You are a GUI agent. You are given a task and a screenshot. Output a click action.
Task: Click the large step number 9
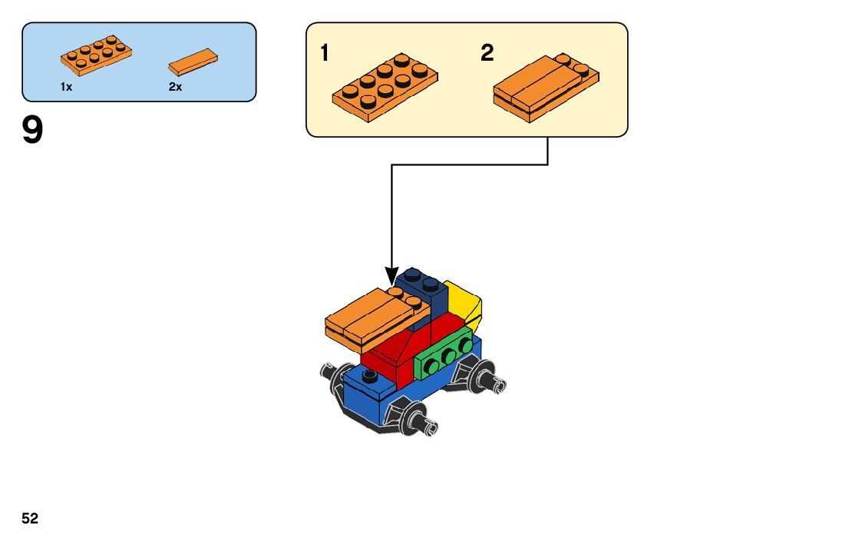coord(33,131)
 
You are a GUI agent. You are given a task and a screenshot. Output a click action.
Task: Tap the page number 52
coord(30,519)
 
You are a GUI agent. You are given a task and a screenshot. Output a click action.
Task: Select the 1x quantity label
coord(66,87)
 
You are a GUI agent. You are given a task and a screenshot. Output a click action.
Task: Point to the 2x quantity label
coord(175,87)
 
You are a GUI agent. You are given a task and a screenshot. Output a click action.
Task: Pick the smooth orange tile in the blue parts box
coord(193,61)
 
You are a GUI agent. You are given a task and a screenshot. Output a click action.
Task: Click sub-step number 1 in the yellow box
coord(325,53)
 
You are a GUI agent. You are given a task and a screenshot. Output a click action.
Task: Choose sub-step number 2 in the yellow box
coord(487,53)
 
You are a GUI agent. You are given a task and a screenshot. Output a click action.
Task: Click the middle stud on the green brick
coord(446,355)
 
